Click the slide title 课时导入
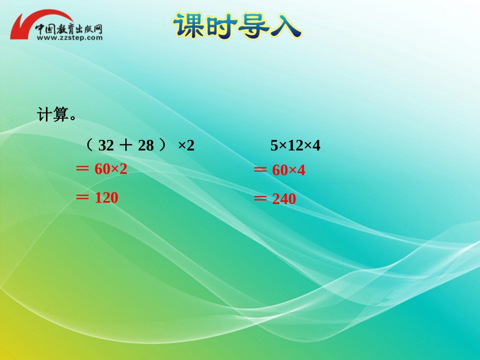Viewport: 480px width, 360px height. click(237, 25)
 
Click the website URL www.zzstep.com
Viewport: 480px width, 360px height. click(69, 37)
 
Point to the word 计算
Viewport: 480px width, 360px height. click(53, 115)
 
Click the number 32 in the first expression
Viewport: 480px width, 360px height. click(106, 146)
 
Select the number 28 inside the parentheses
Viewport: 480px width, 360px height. click(146, 146)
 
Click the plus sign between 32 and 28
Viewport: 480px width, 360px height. click(126, 146)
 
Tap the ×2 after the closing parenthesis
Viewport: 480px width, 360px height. click(186, 146)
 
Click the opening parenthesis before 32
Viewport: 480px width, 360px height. click(89, 146)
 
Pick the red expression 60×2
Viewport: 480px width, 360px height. click(111, 169)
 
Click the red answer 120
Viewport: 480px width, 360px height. click(106, 198)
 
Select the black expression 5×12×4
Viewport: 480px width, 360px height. click(296, 146)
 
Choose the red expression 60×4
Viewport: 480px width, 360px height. click(289, 171)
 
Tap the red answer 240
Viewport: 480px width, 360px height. click(284, 199)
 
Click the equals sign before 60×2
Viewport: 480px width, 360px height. click(82, 169)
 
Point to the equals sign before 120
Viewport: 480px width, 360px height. click(82, 197)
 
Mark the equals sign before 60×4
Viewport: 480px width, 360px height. click(260, 171)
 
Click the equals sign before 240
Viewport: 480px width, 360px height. click(260, 199)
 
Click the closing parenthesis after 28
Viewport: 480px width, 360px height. click(162, 146)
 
